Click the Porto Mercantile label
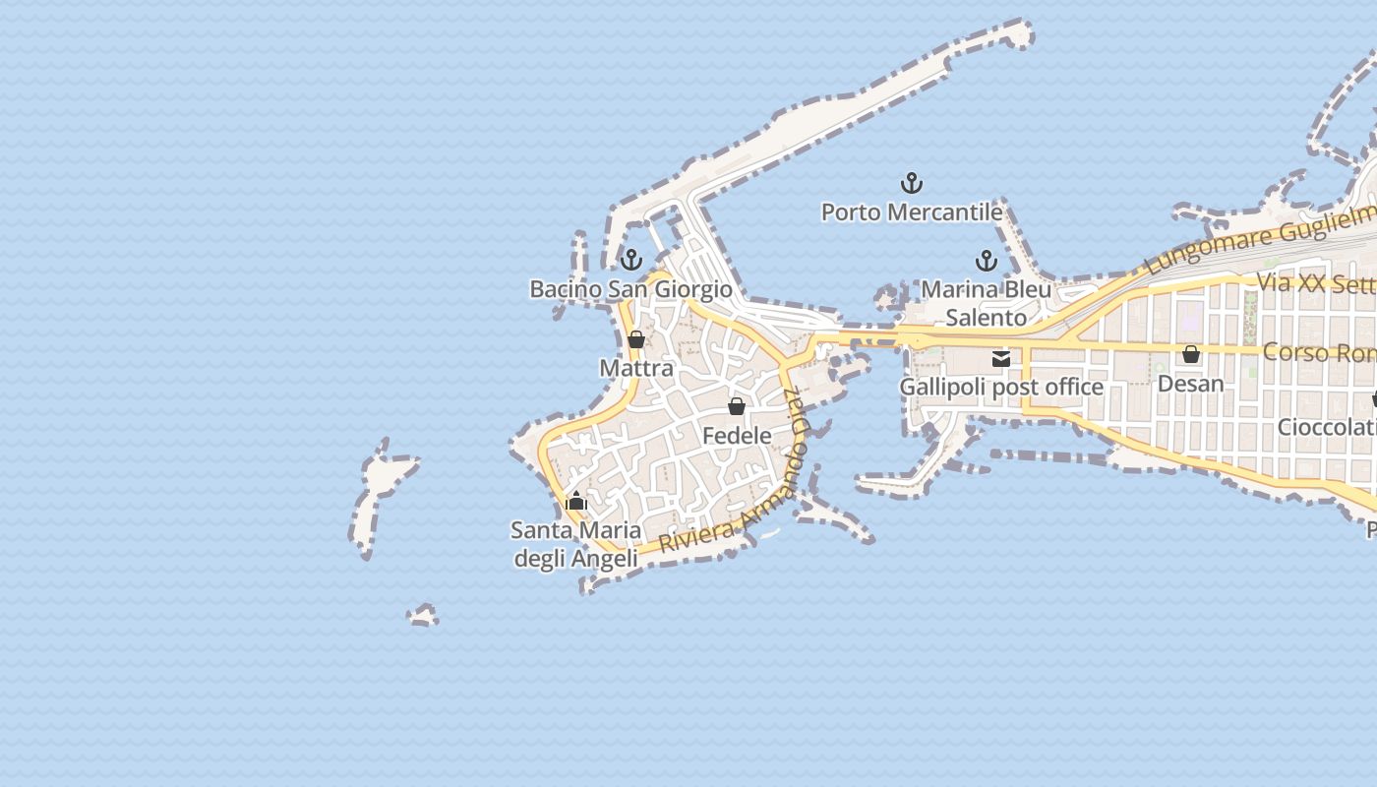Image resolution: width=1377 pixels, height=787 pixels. (912, 212)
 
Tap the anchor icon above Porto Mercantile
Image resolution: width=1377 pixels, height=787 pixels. (912, 183)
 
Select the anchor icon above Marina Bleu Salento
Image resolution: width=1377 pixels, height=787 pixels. (986, 261)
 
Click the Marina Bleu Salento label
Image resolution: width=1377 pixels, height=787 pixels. (986, 304)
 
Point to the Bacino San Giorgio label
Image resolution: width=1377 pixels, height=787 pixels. (630, 289)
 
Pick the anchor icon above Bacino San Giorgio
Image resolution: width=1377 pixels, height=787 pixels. (631, 260)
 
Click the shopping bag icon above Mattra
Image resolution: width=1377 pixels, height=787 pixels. (636, 340)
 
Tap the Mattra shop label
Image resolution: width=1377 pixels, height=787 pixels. (636, 369)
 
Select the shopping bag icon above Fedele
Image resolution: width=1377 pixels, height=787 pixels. (737, 406)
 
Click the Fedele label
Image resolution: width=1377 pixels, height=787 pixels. (737, 435)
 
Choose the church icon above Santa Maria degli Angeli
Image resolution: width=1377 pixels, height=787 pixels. (576, 502)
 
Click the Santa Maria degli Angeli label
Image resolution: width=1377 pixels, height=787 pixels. (575, 545)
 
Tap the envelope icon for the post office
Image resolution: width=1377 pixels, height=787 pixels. (1001, 359)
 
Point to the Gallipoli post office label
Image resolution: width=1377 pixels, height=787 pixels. (1001, 388)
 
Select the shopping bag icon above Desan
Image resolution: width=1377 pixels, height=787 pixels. (1191, 354)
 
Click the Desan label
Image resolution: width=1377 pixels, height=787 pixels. (1191, 384)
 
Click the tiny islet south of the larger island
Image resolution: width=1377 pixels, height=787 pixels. (423, 616)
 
